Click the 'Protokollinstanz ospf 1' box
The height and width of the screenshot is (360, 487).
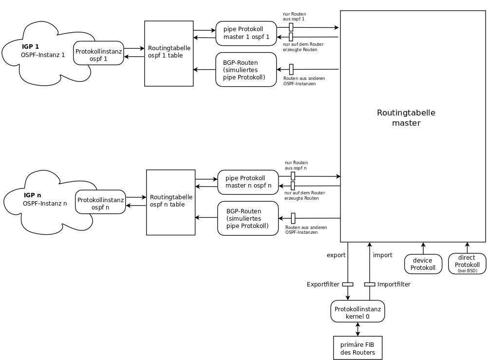98,53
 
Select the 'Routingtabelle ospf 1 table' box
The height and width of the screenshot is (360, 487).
169,54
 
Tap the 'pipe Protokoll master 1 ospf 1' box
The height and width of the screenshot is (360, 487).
246,33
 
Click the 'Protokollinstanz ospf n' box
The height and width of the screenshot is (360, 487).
100,202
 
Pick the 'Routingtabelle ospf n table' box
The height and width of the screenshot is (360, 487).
171,202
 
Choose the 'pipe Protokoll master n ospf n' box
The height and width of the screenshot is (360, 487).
248,182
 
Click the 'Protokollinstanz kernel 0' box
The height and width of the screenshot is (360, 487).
357,311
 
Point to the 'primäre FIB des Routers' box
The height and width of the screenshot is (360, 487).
357,348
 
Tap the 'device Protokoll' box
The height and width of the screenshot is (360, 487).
422,264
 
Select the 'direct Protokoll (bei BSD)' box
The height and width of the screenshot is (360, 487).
467,264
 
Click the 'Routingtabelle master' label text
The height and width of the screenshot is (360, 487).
406,118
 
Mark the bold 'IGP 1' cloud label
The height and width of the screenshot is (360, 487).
30,47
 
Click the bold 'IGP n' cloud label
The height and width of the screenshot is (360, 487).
32,195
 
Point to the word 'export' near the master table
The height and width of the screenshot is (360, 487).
336,255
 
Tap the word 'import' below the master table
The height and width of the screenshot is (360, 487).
382,255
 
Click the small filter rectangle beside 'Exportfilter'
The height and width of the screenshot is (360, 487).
348,284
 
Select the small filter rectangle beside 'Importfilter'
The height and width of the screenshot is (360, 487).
370,284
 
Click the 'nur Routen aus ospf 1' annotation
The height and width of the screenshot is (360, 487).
294,16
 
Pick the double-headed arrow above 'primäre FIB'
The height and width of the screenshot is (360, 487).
358,329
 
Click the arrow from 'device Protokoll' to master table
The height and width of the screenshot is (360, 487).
423,248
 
